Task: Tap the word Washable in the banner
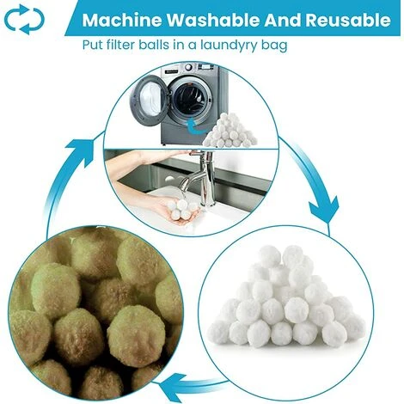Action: (x=204, y=20)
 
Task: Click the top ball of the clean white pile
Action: (x=293, y=254)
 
